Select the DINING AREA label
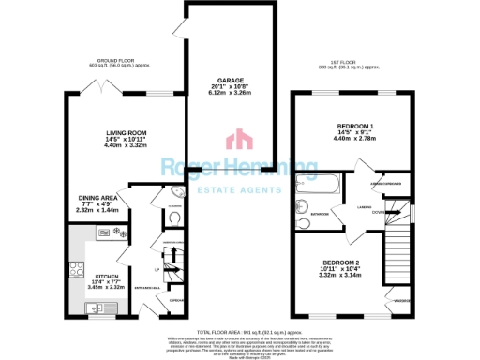[x=97, y=198]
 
